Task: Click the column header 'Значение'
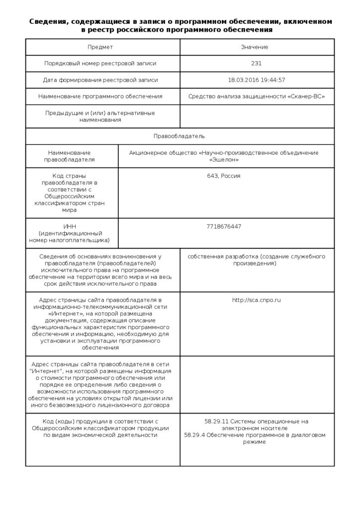click(x=257, y=47)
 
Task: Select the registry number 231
click(x=257, y=64)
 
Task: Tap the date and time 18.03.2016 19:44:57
click(x=257, y=80)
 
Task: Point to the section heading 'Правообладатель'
click(x=179, y=136)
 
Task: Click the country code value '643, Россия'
click(x=224, y=176)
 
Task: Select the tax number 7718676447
click(x=224, y=227)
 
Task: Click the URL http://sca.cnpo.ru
click(x=257, y=300)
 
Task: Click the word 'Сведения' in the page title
click(x=48, y=22)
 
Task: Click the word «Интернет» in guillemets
click(x=65, y=314)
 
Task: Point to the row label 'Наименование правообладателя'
click(x=70, y=156)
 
